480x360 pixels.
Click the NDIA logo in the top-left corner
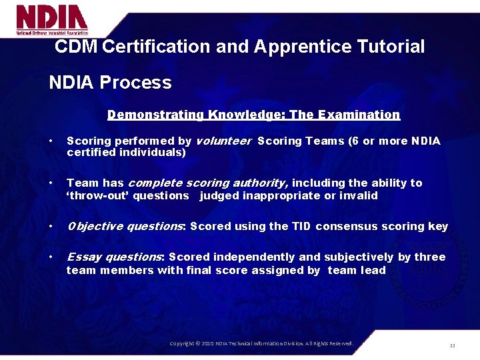pos(52,19)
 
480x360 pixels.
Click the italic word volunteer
pos(223,141)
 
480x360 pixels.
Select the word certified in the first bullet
pos(89,152)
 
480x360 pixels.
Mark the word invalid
pos(359,195)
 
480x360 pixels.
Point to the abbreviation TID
pos(301,226)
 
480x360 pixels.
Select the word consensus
pos(345,226)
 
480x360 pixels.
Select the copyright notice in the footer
pos(261,343)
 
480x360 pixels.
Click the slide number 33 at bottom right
pos(452,345)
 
